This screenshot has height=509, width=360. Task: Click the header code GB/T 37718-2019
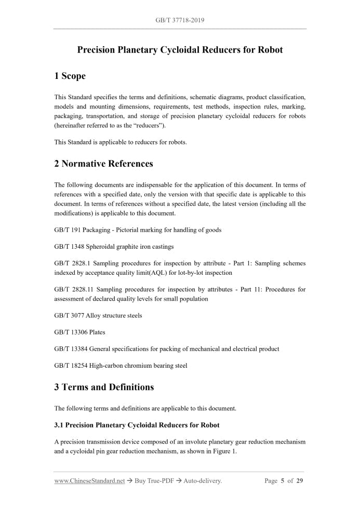[180, 20]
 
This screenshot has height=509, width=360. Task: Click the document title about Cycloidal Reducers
[180, 50]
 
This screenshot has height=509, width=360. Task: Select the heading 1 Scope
[70, 76]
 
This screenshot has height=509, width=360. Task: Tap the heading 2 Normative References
[103, 164]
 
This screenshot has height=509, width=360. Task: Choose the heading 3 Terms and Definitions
[104, 387]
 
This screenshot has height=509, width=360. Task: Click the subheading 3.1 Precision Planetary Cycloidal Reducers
[137, 425]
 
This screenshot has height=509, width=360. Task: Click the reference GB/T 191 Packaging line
[138, 230]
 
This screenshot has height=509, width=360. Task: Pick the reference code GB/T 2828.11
[74, 289]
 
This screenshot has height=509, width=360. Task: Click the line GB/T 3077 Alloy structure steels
[98, 315]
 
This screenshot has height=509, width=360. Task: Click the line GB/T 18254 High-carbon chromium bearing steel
[121, 365]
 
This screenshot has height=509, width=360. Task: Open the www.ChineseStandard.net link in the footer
[89, 481]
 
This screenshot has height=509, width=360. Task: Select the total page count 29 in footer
[300, 481]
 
